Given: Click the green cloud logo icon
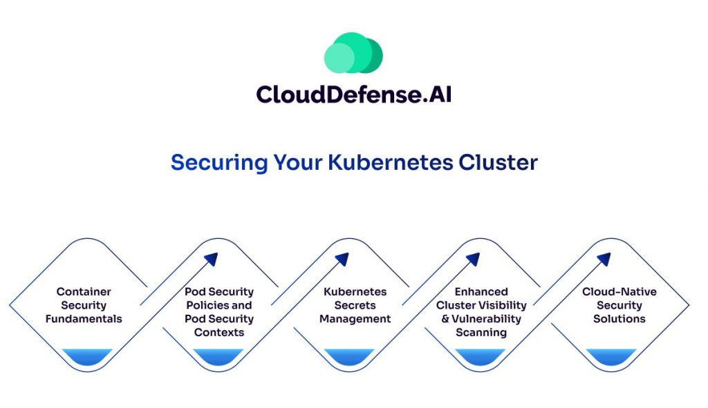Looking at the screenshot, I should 353,53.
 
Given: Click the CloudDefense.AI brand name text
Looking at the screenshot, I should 353,94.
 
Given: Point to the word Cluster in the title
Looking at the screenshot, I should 498,162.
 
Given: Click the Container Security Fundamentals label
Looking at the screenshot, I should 84,305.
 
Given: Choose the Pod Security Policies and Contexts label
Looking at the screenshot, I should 218,312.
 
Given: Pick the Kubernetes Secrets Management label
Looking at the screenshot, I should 355,305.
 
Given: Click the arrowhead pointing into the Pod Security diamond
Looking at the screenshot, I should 211,260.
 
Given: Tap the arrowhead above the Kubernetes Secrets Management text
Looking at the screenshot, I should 342,260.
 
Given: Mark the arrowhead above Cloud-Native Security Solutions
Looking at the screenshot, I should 604,260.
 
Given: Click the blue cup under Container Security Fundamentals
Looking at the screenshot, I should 87,356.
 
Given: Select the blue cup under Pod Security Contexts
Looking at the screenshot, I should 218,356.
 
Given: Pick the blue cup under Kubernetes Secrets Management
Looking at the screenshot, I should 349,356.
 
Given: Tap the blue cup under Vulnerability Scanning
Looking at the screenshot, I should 480,356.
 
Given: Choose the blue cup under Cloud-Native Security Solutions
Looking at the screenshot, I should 611,356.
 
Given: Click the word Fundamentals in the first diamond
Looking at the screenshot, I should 84,319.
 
